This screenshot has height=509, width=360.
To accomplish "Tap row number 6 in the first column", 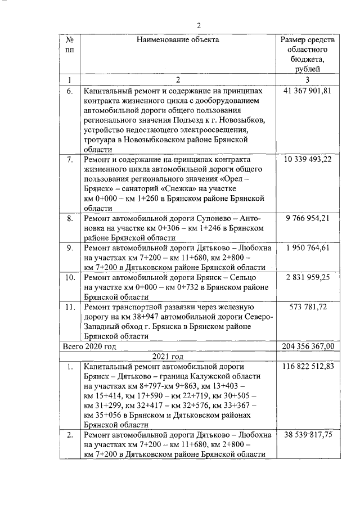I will (69, 91).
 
